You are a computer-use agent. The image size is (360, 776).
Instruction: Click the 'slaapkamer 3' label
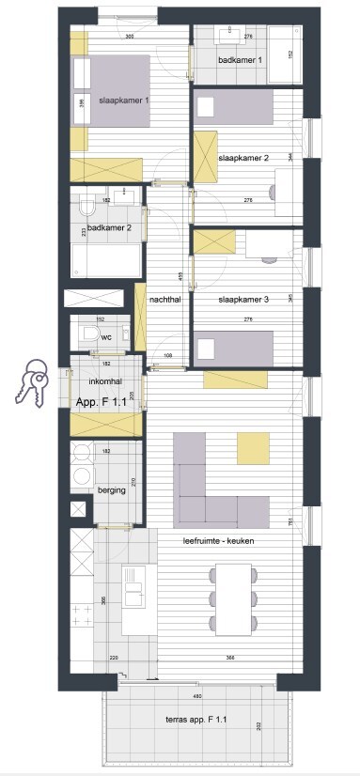tap(243, 299)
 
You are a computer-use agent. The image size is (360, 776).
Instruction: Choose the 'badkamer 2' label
tap(109, 227)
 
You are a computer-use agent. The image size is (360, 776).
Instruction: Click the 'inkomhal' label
tap(103, 382)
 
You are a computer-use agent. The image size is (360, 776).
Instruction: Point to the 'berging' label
tap(111, 490)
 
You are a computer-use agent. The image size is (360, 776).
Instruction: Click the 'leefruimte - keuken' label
tap(218, 541)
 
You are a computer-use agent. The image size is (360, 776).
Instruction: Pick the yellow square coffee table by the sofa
tap(253, 447)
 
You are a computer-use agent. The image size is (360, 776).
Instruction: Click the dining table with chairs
tap(233, 598)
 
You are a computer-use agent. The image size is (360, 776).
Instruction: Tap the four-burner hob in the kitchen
tap(80, 616)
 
